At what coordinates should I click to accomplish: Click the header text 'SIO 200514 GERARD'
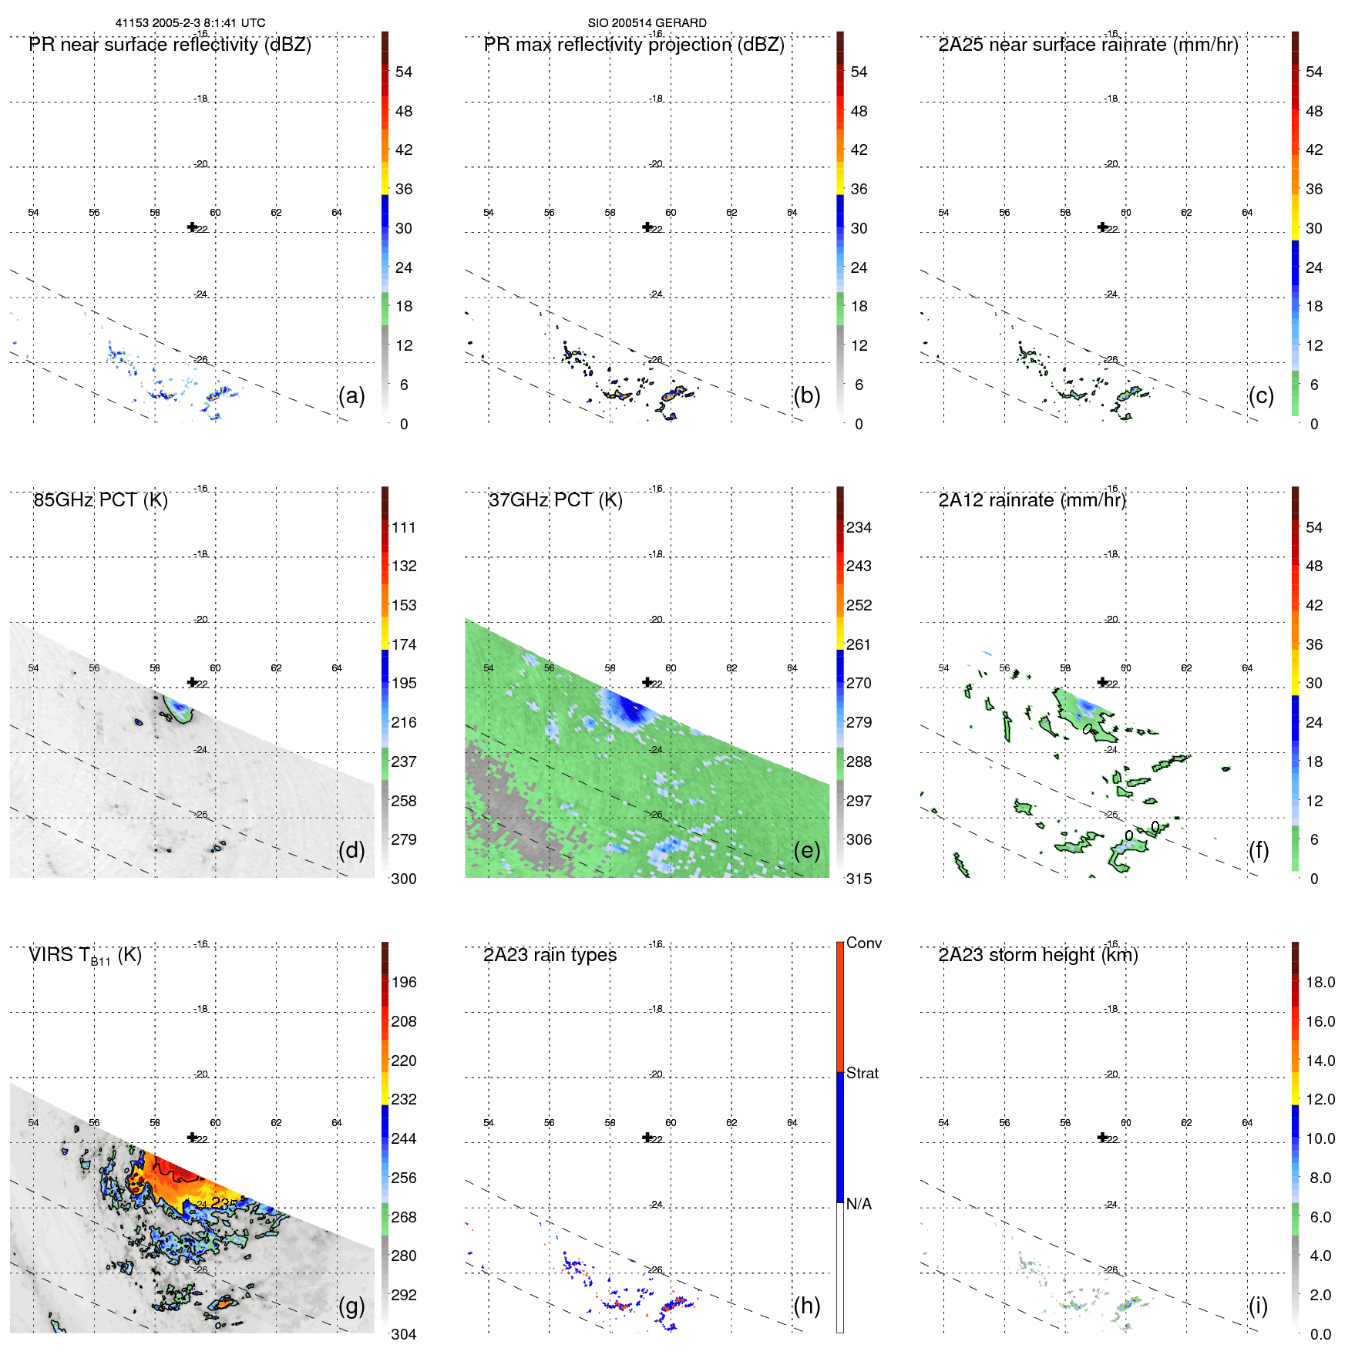(647, 23)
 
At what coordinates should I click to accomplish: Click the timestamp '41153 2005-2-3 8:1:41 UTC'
(190, 23)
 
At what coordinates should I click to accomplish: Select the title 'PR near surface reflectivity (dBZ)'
(170, 45)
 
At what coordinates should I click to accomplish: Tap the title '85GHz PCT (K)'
(100, 500)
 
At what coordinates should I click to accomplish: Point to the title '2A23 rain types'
(550, 955)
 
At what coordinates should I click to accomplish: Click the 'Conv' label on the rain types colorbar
(863, 943)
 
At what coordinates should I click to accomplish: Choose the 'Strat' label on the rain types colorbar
(862, 1073)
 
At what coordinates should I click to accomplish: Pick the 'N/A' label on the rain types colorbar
(859, 1204)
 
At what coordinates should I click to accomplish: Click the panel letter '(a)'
(351, 395)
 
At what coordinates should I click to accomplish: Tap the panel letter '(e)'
(806, 850)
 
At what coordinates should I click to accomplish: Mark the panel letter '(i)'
(1258, 1306)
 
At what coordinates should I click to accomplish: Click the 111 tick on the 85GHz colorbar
(404, 527)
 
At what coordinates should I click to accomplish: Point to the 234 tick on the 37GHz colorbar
(859, 527)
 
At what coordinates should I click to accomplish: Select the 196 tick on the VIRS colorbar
(404, 982)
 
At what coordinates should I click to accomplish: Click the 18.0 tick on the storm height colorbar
(1320, 982)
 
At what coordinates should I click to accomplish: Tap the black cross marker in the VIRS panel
(192, 1137)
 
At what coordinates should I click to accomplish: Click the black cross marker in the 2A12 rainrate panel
(1102, 682)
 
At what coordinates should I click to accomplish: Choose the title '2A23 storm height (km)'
(1038, 955)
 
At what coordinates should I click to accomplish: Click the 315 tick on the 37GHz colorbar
(859, 879)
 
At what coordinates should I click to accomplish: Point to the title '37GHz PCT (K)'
(555, 500)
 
